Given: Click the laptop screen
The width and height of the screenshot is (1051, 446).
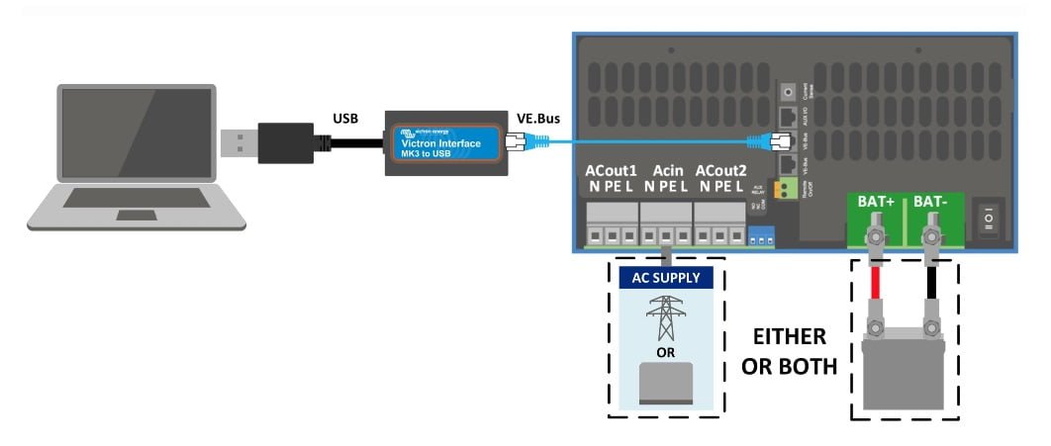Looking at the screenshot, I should (137, 134).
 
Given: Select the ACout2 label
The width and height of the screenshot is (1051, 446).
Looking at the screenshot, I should (721, 170).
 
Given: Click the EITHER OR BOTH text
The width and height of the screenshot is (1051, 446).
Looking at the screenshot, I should (791, 349).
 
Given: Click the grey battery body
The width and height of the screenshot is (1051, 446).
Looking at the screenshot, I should (903, 371).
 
